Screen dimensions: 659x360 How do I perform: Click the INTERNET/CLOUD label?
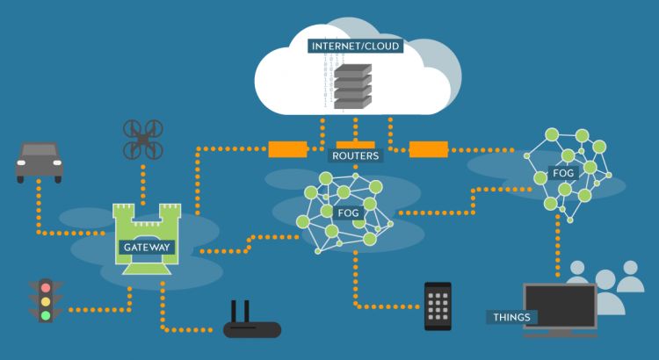click(x=355, y=46)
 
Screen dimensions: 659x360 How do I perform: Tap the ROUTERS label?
click(x=356, y=155)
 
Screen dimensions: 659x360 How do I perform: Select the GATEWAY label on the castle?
click(x=147, y=247)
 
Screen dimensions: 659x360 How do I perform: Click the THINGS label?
click(x=511, y=317)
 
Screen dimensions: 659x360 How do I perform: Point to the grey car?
click(x=39, y=162)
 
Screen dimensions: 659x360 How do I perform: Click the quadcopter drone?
click(x=143, y=140)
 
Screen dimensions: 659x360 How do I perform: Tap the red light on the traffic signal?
click(x=46, y=288)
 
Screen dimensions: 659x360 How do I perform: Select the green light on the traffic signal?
click(x=46, y=315)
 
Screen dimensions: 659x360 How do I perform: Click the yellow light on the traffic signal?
click(x=46, y=302)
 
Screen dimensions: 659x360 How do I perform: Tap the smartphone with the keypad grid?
click(x=438, y=306)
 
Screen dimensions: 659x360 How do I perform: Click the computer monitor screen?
click(x=561, y=306)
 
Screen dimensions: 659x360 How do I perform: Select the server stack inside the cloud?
click(x=352, y=87)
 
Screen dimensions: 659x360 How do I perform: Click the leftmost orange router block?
click(x=287, y=149)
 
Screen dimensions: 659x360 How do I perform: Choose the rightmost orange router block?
click(x=428, y=149)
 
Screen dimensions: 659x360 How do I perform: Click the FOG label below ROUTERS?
click(x=348, y=213)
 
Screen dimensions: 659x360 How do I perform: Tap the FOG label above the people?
click(x=563, y=173)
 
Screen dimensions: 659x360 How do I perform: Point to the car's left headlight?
click(x=21, y=162)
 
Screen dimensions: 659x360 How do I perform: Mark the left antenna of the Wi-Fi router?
click(x=235, y=312)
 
